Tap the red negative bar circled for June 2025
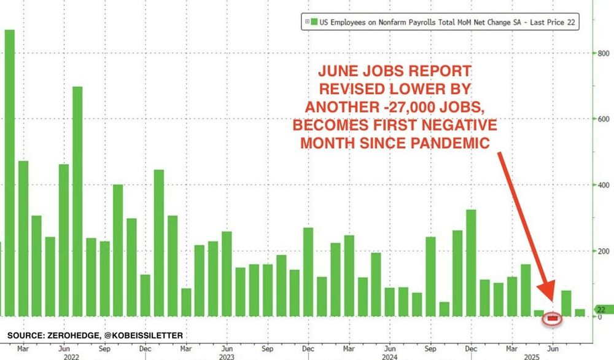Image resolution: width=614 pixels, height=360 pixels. [x=554, y=318]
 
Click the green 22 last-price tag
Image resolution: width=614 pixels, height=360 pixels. [x=601, y=310]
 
